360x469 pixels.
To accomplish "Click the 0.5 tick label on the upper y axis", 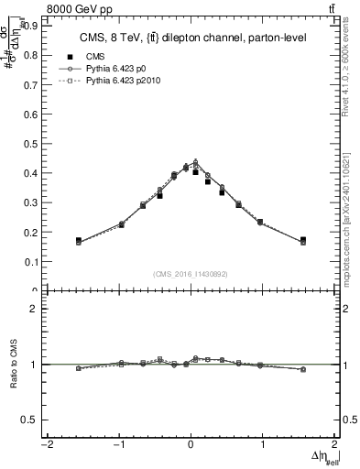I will (x=27, y=143).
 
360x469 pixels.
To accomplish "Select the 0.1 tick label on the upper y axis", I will (x=27, y=261).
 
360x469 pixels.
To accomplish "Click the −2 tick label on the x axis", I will (x=45, y=445).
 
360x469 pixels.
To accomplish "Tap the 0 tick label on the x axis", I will (x=191, y=445).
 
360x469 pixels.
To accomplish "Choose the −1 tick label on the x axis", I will (x=117, y=445).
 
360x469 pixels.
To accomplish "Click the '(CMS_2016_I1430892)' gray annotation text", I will (x=191, y=273).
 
